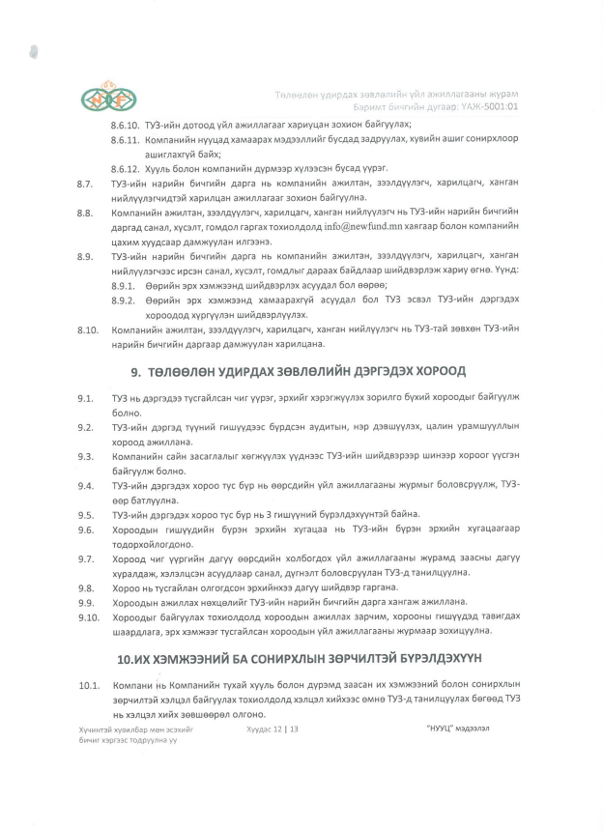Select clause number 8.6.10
coord(126,127)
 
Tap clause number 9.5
coord(86,514)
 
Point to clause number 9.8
coord(86,587)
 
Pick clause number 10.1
coord(89,685)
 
